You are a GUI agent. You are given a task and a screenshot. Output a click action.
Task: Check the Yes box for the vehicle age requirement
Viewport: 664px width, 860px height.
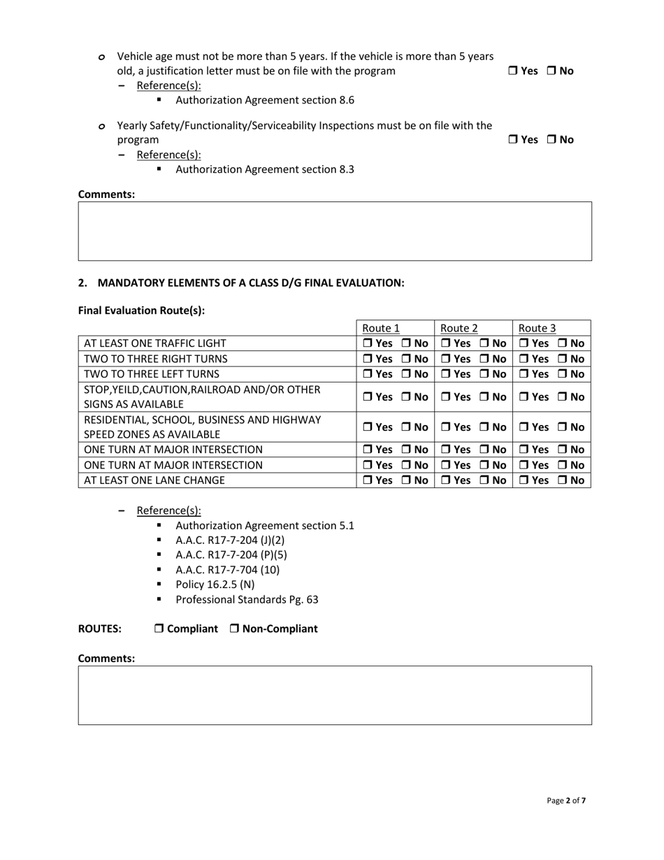512,71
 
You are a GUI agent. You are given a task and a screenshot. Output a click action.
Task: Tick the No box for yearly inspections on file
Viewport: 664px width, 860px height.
551,140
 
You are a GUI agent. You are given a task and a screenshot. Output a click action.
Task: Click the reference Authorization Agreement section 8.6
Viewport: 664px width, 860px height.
264,100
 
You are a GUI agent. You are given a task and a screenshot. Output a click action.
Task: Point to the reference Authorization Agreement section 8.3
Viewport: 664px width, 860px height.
264,169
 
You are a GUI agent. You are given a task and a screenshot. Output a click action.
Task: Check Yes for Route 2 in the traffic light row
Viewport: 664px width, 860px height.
445,343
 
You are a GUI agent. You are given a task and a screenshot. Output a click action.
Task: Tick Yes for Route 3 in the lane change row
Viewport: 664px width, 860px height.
524,480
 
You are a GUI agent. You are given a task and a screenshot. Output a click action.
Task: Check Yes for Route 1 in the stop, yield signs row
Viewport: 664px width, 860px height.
367,396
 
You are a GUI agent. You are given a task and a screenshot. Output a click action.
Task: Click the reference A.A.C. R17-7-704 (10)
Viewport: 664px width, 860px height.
227,570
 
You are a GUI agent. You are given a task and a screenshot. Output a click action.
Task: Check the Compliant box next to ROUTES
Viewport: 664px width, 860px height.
159,629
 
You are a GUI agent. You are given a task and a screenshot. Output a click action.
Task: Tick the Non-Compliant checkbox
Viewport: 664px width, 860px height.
234,629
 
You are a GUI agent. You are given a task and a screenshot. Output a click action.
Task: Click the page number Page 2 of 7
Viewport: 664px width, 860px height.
566,801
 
